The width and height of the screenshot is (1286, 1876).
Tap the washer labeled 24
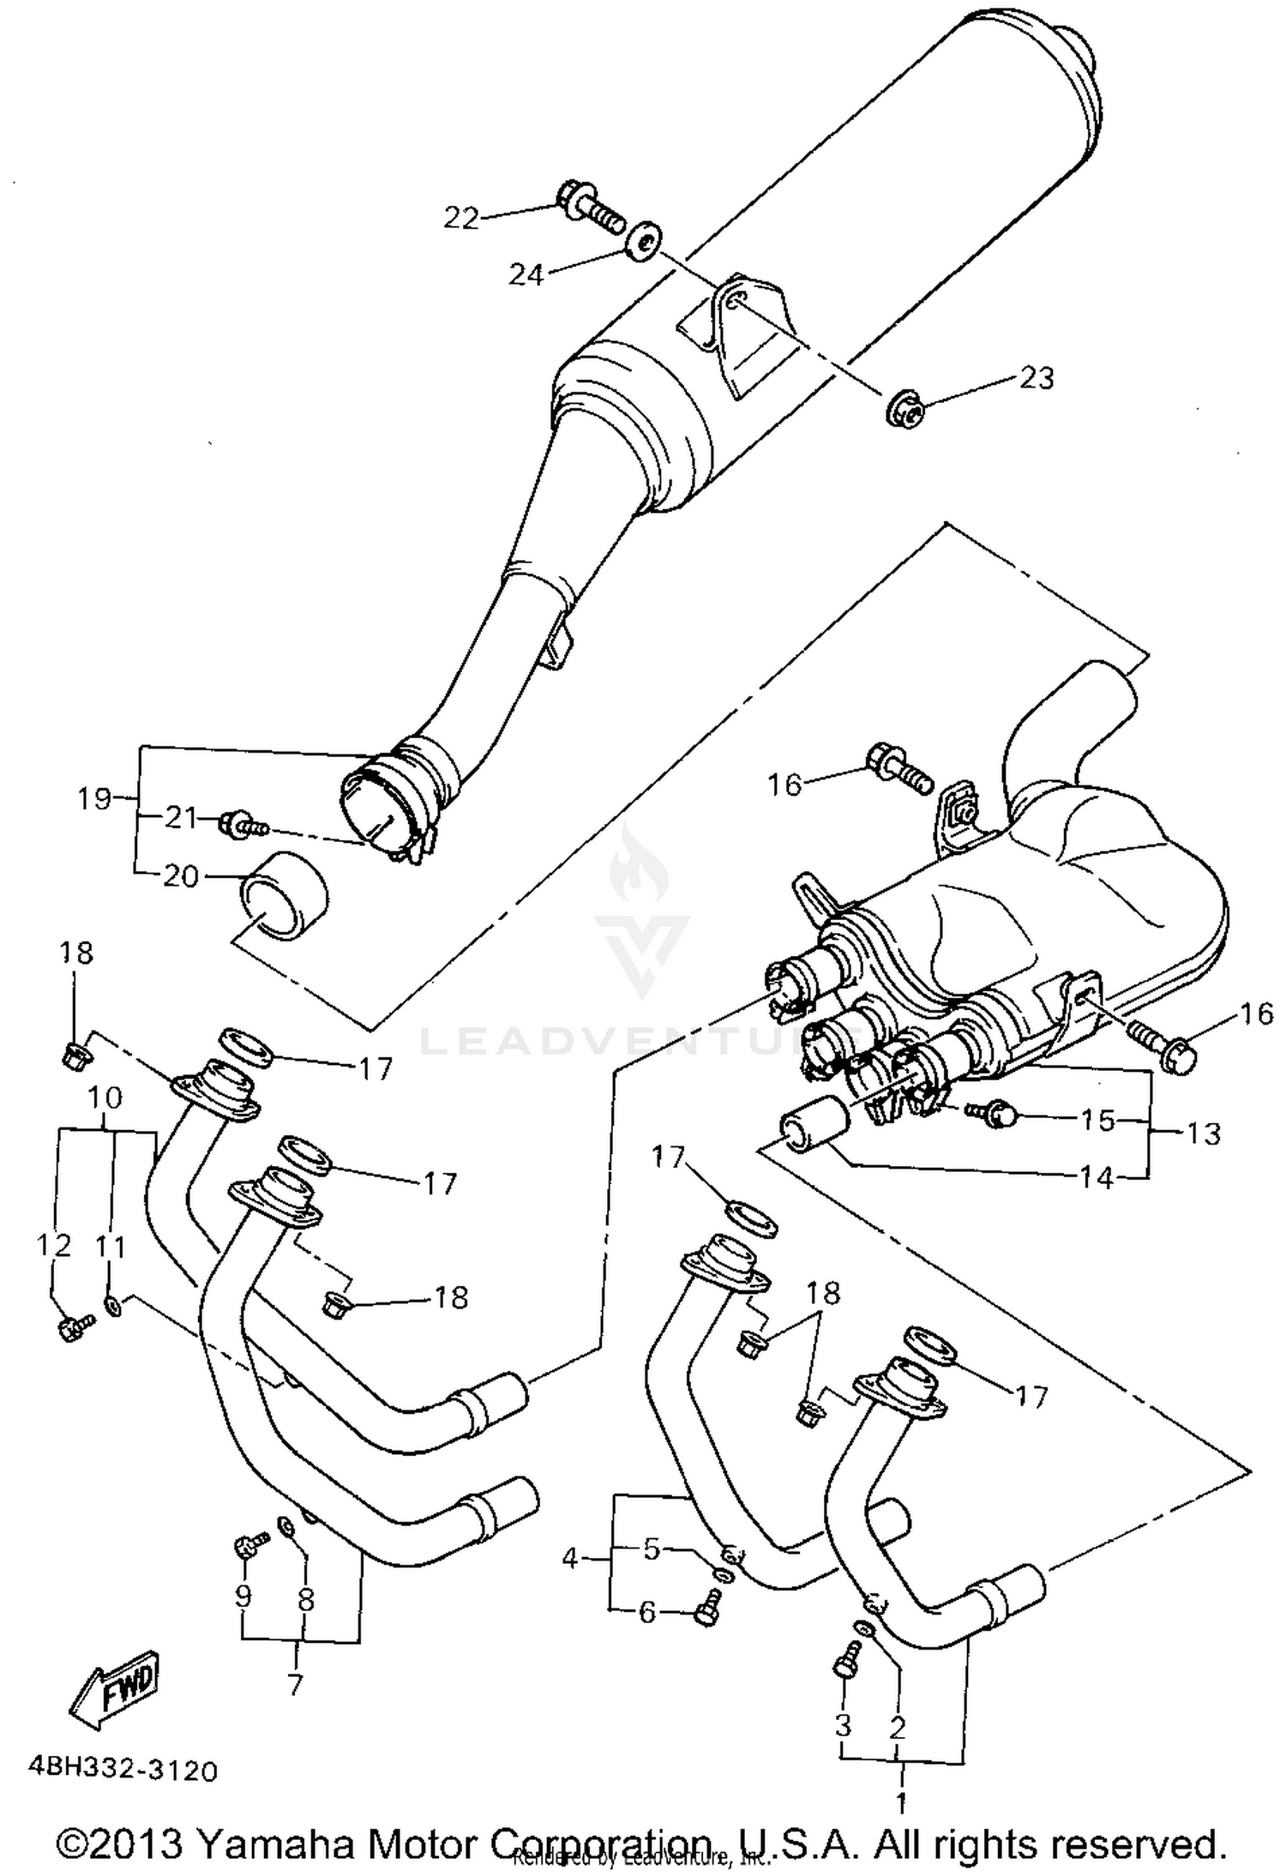(641, 239)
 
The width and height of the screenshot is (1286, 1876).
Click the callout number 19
(94, 798)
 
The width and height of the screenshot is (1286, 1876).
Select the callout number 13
(1203, 1133)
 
